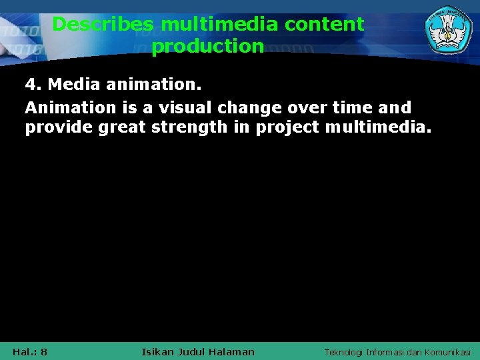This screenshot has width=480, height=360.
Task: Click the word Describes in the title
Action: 103,25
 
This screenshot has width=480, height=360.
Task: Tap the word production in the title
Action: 207,47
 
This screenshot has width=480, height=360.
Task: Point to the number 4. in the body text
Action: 33,85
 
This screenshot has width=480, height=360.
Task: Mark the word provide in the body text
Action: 59,127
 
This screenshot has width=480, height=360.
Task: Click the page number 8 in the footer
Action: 43,351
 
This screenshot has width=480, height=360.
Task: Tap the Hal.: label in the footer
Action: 25,351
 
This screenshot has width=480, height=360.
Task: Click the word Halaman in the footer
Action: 231,351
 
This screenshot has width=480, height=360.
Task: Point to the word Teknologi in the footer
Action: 343,351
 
